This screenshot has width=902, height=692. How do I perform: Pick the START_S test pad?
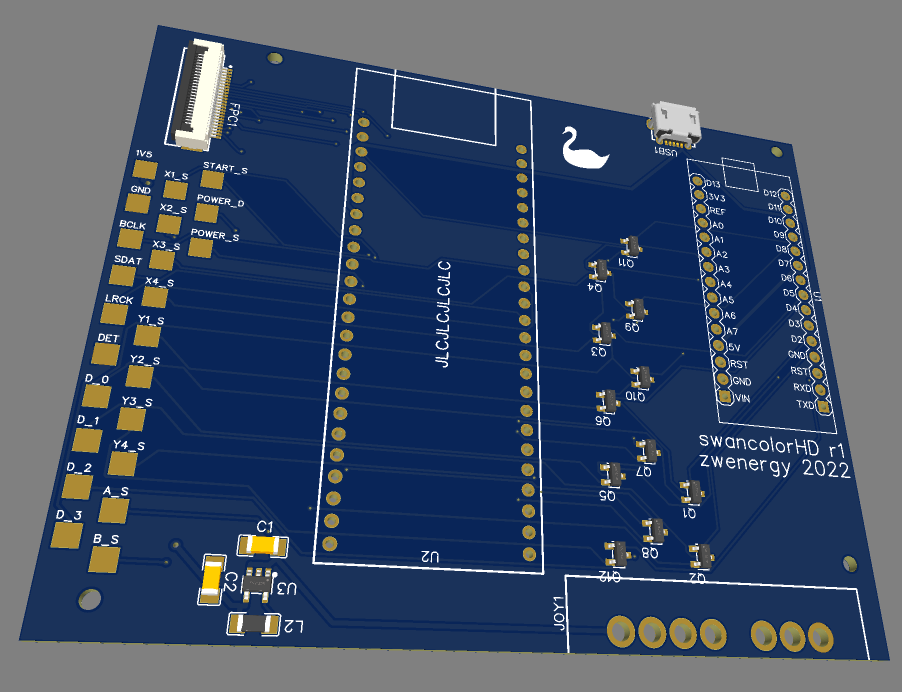coord(212,179)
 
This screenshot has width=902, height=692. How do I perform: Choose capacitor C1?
coord(262,545)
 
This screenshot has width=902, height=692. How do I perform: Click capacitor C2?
coord(211,580)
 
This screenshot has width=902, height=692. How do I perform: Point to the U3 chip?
coord(259,581)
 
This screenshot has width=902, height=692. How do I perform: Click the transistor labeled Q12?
coord(616,551)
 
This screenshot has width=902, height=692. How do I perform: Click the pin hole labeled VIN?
coord(726,397)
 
